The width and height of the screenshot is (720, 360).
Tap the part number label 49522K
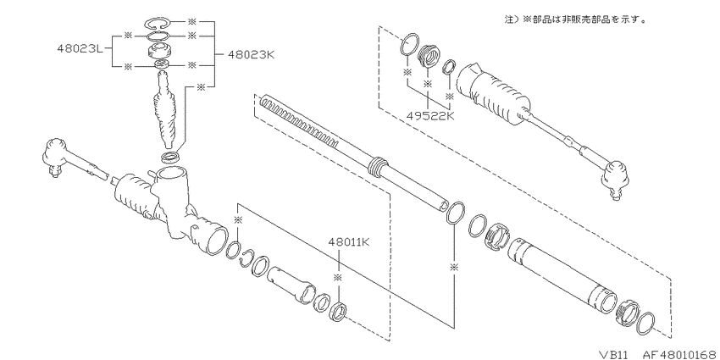[430, 116]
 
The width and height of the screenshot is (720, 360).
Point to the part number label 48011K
[349, 241]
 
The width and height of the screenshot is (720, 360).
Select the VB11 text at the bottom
[617, 353]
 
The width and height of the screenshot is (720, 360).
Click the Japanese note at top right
[575, 19]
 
